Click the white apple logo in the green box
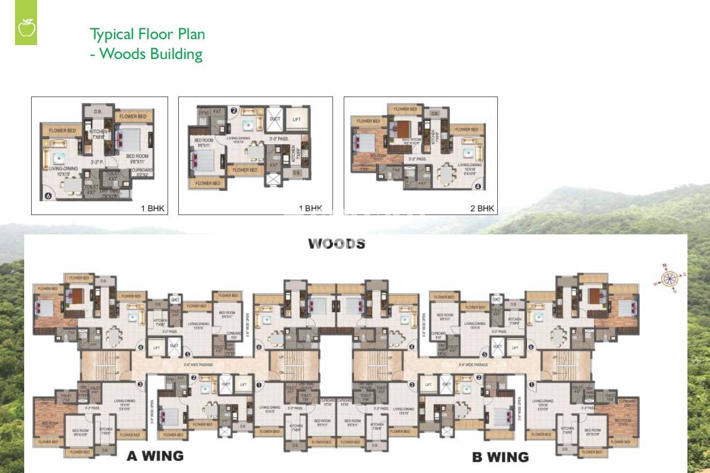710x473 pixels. tap(26, 27)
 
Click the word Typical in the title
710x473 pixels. tap(112, 34)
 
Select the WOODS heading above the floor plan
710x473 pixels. tap(336, 244)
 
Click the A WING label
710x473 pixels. tap(155, 456)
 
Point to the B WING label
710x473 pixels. tap(500, 457)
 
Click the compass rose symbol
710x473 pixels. tap(669, 278)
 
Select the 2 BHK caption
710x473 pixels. tap(482, 209)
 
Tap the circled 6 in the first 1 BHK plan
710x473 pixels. tap(48, 195)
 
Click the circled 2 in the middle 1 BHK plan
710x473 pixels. tap(234, 112)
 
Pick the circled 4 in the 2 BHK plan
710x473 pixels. tap(478, 187)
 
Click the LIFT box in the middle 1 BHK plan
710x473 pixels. tap(296, 120)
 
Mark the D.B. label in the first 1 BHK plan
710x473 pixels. tap(98, 112)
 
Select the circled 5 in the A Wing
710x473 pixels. tap(187, 354)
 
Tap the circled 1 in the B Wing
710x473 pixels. tap(532, 385)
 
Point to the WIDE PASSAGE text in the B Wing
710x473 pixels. tap(473, 365)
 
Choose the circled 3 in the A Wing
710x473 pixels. tap(140, 384)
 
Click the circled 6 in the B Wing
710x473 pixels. tap(531, 347)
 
